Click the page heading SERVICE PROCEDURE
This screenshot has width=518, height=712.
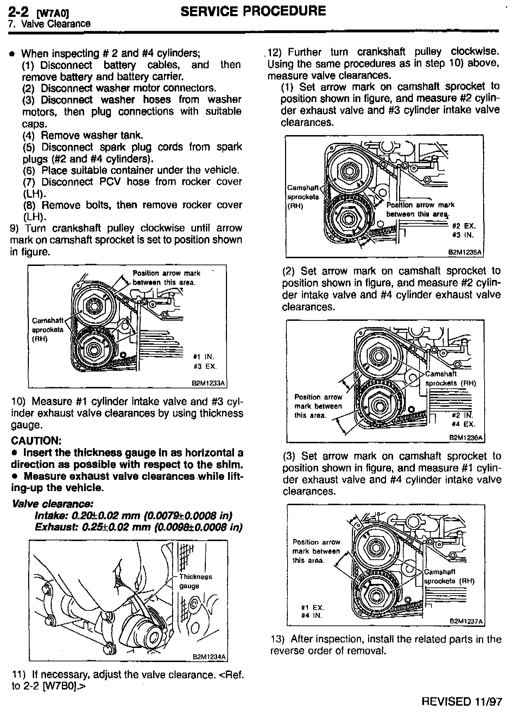[x=253, y=11]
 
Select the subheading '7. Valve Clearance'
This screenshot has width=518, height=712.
[x=49, y=24]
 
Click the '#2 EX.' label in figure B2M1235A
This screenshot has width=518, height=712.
[x=464, y=227]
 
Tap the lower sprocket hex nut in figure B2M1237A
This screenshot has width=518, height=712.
[x=376, y=596]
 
